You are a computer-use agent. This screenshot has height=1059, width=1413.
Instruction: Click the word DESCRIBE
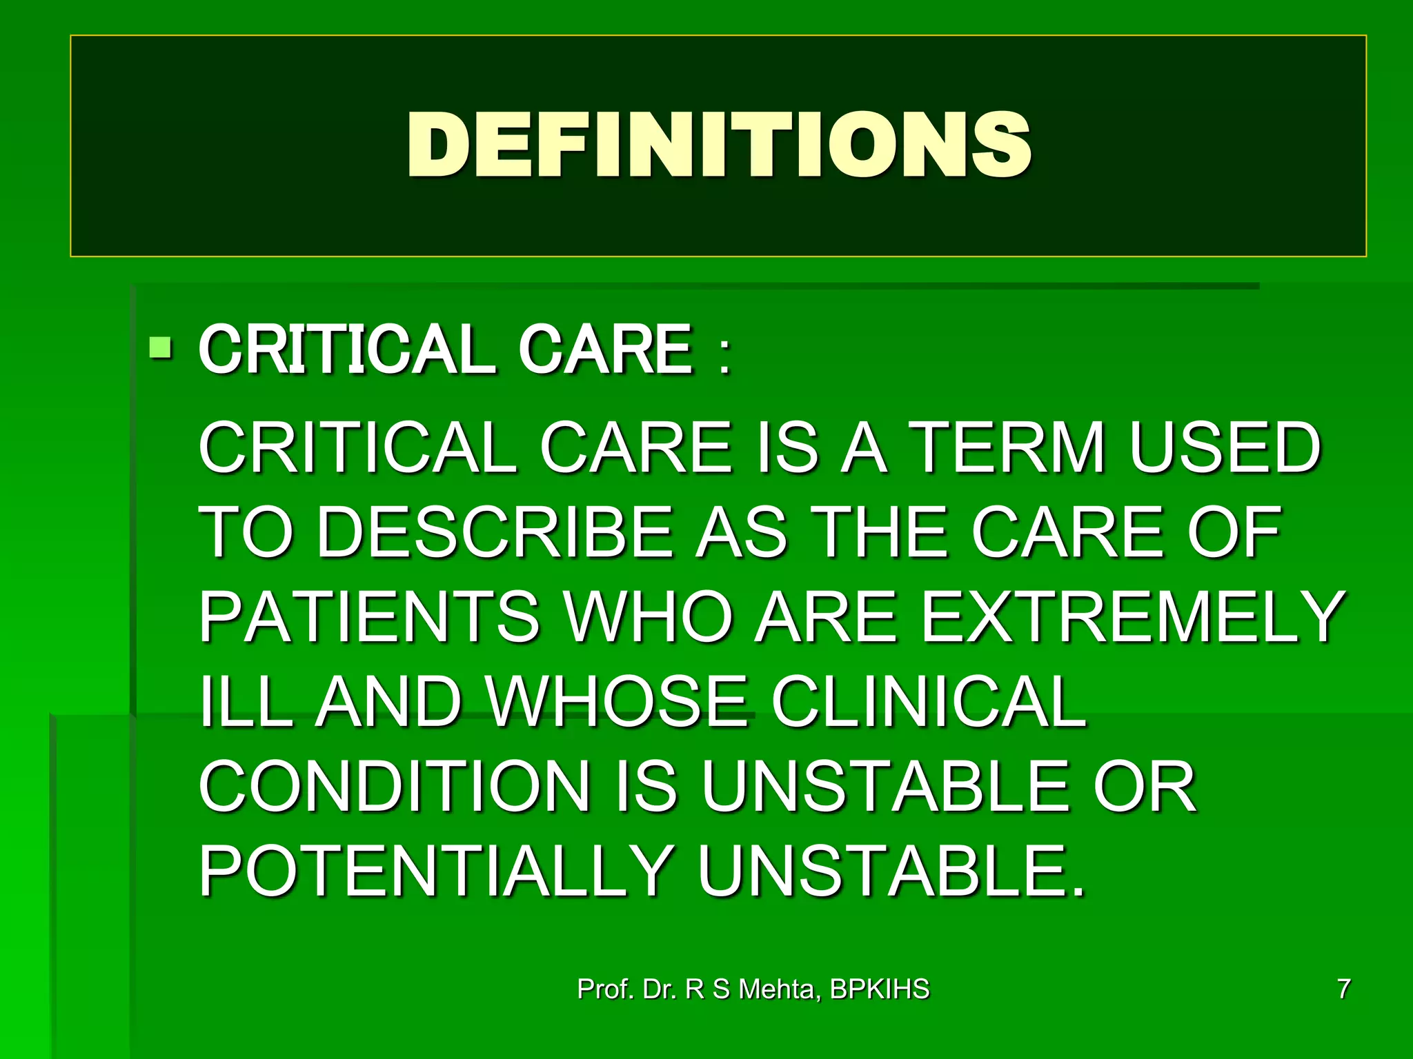pos(495,532)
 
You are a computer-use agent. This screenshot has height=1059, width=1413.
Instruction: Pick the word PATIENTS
pos(369,616)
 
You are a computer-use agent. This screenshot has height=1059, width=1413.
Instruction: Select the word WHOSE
pos(617,702)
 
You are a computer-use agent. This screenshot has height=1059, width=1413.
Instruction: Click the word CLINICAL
pos(929,702)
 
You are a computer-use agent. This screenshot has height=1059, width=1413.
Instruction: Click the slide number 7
pos(1343,989)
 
